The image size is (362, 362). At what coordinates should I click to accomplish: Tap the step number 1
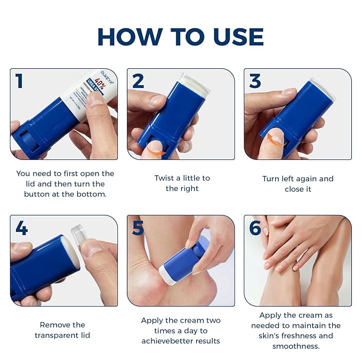[20, 81]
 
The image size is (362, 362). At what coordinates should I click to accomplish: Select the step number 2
[138, 81]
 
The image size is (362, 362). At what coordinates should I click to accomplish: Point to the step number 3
[255, 81]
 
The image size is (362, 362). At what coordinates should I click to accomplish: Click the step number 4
[21, 228]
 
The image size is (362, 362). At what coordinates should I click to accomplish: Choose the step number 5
[138, 228]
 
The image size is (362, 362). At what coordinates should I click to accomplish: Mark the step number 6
[255, 228]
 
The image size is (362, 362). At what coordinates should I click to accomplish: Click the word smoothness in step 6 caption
[296, 345]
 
